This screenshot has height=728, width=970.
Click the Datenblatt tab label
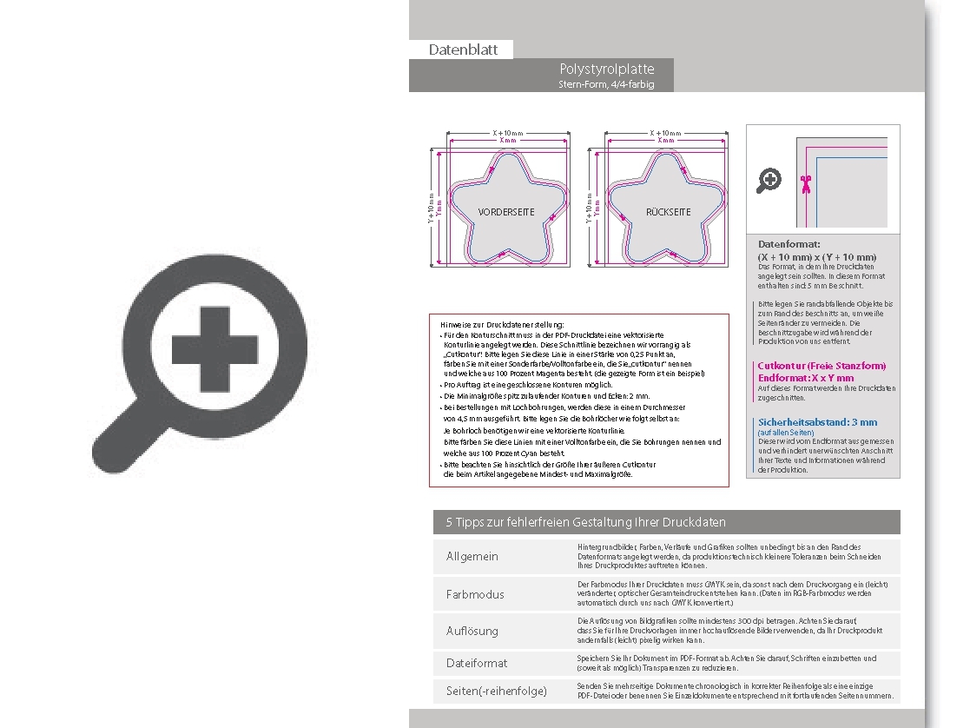[463, 50]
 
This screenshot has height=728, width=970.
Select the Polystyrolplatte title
[607, 69]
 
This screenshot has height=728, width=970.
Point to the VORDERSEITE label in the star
[506, 212]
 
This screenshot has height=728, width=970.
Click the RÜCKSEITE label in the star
[668, 212]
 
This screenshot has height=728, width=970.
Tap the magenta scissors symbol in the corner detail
[806, 182]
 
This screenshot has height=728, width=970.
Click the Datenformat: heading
[789, 245]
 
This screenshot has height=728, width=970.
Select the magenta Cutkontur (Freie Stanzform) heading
[822, 366]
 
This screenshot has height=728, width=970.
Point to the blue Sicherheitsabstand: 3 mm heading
[817, 422]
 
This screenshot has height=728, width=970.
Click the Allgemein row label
[472, 556]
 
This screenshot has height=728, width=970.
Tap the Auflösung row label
[472, 631]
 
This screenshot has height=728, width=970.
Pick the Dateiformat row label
[477, 663]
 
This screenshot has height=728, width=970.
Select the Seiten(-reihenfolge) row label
[497, 691]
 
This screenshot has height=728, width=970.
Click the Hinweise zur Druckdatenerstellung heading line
[502, 324]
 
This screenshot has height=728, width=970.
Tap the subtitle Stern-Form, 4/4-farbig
[606, 84]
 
